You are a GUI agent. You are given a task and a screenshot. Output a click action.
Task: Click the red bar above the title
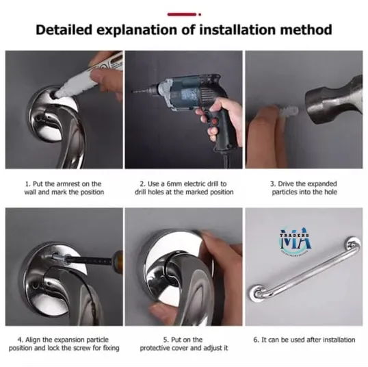[183, 12]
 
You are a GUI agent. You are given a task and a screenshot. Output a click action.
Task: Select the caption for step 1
[64, 188]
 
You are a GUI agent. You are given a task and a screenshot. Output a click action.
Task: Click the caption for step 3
[303, 188]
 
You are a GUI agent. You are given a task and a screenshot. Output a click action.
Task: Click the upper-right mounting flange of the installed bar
[351, 244]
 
